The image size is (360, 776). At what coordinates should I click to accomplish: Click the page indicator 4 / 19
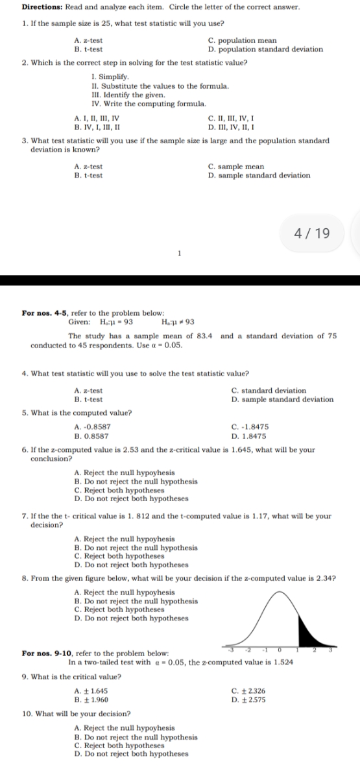(x=312, y=233)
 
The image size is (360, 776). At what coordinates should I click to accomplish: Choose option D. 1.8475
(x=250, y=433)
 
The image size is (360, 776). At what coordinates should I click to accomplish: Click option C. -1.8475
(x=250, y=427)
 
